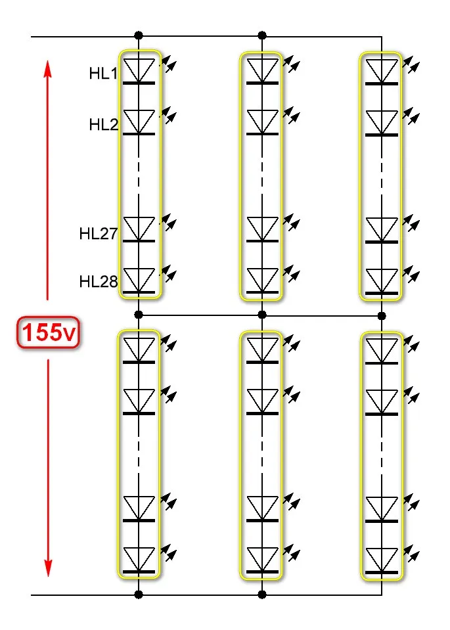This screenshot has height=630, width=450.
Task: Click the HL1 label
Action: pyautogui.click(x=103, y=74)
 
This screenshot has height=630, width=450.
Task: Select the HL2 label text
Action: pyautogui.click(x=103, y=124)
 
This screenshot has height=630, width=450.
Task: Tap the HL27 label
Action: pyautogui.click(x=98, y=233)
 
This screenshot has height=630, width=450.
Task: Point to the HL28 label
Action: pyautogui.click(x=98, y=282)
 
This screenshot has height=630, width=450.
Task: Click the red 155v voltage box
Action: pyautogui.click(x=48, y=334)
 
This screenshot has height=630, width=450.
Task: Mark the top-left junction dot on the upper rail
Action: pyautogui.click(x=139, y=35)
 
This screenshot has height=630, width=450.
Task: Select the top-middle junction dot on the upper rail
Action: pyautogui.click(x=262, y=35)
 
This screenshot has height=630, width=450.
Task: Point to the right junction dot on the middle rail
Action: pyautogui.click(x=382, y=316)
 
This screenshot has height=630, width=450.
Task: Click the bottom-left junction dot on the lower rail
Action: pyautogui.click(x=139, y=595)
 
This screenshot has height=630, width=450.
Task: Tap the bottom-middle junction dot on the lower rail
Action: pyautogui.click(x=262, y=595)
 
